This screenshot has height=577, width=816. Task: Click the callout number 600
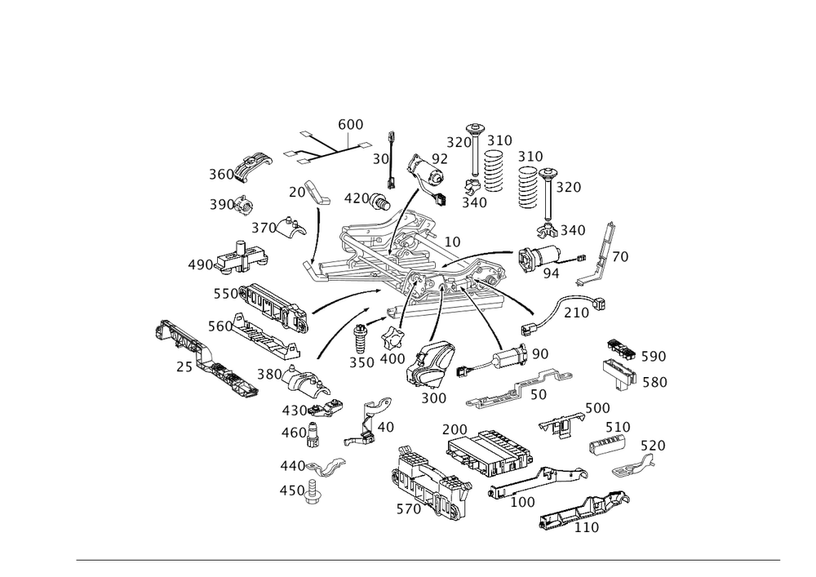point(350,125)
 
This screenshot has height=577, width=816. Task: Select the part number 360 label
point(221,175)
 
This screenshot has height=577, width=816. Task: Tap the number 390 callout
point(221,204)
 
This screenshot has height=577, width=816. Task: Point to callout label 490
point(200,265)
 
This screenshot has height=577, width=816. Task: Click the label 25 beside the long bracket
point(183,368)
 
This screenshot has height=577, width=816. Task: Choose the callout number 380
point(268,374)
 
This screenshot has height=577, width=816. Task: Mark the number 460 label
point(293,431)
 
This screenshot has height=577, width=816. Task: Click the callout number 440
point(290,466)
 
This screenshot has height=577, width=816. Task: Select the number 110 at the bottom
point(586,528)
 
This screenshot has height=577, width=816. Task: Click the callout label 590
point(654,357)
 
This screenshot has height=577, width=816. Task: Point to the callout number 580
point(654,382)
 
